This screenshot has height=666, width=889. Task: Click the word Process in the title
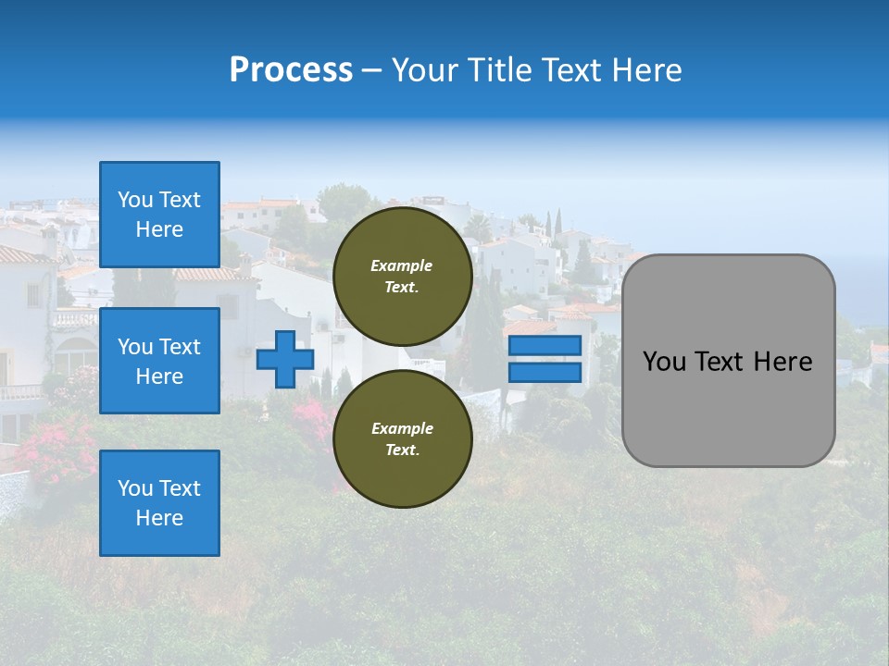click(291, 70)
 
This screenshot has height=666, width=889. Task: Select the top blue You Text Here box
click(159, 215)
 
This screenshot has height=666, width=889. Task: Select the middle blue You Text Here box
click(159, 361)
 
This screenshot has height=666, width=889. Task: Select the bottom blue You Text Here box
click(159, 503)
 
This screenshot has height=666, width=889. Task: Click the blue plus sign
click(285, 359)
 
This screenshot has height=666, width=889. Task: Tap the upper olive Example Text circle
click(402, 276)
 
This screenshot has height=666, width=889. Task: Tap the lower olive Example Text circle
click(402, 438)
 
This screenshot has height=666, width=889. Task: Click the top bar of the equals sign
click(545, 346)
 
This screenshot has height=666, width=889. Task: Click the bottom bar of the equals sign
click(545, 372)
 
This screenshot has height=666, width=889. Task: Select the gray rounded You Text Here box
click(728, 361)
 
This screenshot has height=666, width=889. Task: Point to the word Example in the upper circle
click(402, 265)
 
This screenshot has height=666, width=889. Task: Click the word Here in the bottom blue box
click(159, 518)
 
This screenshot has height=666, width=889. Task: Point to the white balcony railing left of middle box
click(72, 318)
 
